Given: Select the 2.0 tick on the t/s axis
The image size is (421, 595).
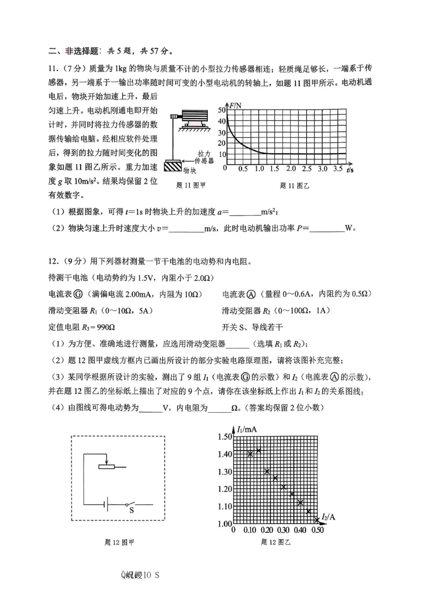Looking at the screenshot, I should (291, 169).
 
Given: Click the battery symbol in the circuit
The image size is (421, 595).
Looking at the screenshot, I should (107, 504).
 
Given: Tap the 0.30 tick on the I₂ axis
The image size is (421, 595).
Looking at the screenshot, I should (283, 530).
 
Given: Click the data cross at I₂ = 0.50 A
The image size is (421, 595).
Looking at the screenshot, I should (317, 520).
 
